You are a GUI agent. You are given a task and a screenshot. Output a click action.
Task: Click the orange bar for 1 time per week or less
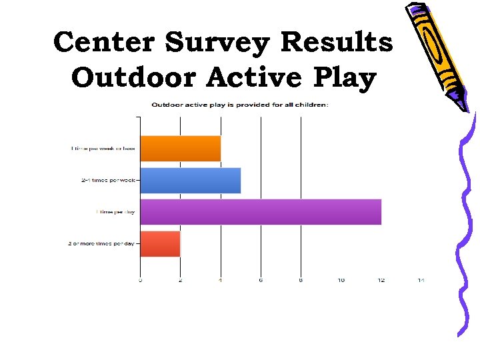click(x=180, y=148)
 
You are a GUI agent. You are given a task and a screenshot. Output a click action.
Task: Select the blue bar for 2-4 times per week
click(x=190, y=180)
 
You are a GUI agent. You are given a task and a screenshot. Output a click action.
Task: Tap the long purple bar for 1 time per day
click(x=260, y=211)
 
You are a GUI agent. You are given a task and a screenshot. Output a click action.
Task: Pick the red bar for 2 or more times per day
click(x=160, y=243)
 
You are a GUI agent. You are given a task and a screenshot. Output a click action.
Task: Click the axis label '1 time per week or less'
click(x=103, y=148)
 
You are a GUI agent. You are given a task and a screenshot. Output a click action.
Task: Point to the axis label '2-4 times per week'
click(x=109, y=180)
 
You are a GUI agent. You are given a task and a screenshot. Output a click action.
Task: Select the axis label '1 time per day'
click(x=115, y=211)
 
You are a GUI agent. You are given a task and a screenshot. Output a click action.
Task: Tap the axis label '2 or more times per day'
click(x=101, y=243)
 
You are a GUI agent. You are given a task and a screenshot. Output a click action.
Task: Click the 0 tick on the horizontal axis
click(x=140, y=280)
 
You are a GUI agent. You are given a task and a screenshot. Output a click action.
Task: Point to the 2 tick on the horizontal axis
click(x=180, y=280)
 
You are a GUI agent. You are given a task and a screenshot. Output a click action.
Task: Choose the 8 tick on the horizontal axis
click(x=301, y=280)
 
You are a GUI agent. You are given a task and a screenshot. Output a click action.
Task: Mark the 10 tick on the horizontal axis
click(x=341, y=280)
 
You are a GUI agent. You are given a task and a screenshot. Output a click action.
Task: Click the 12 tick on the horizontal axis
click(x=381, y=280)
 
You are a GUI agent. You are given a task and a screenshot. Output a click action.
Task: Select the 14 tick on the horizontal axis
click(x=421, y=280)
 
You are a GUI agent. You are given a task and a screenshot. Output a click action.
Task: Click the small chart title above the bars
click(x=240, y=104)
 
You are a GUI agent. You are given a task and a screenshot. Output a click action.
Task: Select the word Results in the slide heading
click(x=337, y=42)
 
